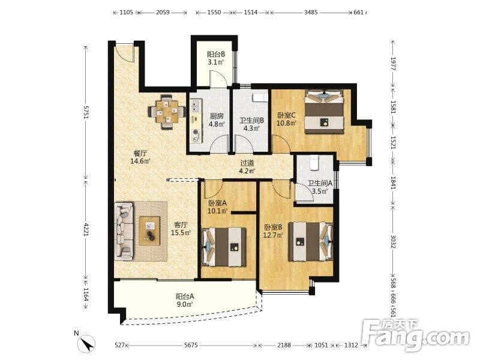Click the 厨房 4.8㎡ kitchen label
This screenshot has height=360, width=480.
pos(217,120)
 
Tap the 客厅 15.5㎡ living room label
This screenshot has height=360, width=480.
pos(181,229)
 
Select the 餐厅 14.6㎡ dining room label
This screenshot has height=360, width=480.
pos(140,157)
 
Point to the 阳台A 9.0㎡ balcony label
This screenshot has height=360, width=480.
pos(185,301)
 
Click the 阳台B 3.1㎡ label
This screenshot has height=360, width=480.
pos(216,58)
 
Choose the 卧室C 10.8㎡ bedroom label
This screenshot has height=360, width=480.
pos(287,119)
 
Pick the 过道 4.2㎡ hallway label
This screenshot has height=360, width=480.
pos(247,167)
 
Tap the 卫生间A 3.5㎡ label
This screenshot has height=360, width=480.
pos(320,187)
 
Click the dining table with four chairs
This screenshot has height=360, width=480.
pos(167,112)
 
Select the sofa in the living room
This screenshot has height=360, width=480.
pos(124,231)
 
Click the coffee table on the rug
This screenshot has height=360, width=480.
pos(149,231)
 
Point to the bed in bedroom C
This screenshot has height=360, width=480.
pos(325,112)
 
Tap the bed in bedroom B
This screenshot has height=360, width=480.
pos(311,242)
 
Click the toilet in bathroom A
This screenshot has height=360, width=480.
pos(314,162)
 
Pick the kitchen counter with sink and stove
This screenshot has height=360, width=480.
pos(196,121)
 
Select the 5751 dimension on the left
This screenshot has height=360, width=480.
pos(86,113)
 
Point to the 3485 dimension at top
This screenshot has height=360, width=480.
pos(311,12)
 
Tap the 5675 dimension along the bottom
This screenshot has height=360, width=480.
pos(191,345)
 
